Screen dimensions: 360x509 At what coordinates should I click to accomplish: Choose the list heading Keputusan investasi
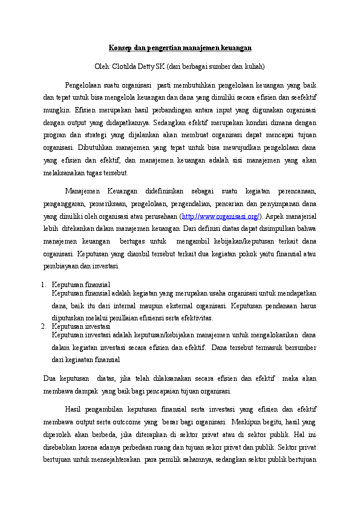81,326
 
